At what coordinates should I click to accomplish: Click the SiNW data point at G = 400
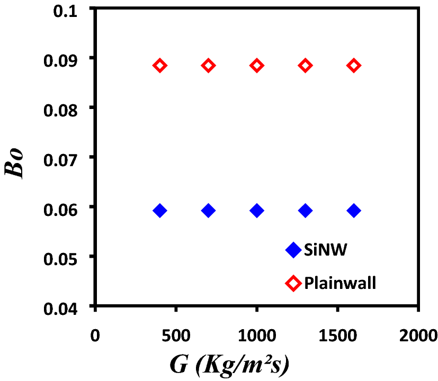click(160, 211)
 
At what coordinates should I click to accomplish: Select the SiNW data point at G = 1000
click(257, 211)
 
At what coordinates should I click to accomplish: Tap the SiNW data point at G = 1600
click(354, 211)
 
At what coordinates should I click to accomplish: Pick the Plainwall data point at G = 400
click(160, 66)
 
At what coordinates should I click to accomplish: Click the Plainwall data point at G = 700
click(208, 66)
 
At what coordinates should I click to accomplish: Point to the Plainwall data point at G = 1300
click(305, 66)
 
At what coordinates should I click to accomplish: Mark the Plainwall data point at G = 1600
click(354, 66)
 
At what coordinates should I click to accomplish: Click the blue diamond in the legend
click(293, 250)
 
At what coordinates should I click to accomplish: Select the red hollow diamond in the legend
click(293, 283)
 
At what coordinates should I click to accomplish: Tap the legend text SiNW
click(325, 250)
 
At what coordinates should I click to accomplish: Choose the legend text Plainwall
click(340, 283)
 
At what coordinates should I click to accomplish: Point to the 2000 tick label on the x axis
click(418, 334)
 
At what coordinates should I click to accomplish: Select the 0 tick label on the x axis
click(95, 334)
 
